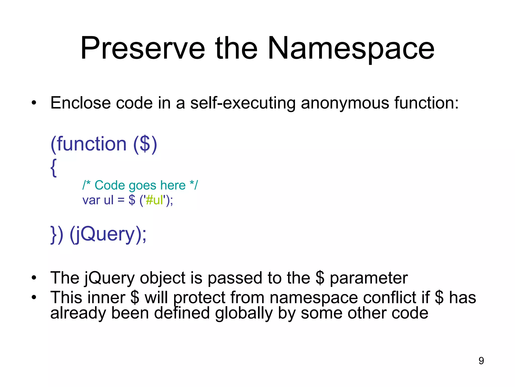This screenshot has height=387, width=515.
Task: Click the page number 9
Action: point(481,361)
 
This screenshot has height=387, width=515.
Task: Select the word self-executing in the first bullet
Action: point(243,103)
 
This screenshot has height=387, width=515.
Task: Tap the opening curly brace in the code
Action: point(54,168)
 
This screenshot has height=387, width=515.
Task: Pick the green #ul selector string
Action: point(154,200)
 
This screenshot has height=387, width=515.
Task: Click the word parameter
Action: point(369,278)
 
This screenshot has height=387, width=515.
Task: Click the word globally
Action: point(244,313)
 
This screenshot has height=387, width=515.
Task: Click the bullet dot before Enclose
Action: point(34,103)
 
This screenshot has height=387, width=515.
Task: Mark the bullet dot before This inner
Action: point(34,298)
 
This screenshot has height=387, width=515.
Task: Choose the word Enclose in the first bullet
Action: point(80,103)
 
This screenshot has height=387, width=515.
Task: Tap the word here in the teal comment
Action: point(173,185)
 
